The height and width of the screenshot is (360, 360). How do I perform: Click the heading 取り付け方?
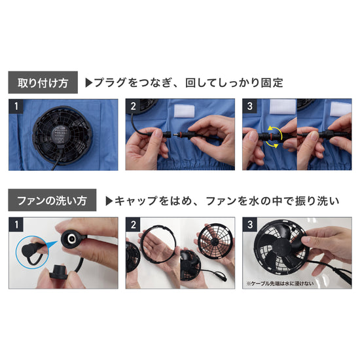coord(43,83)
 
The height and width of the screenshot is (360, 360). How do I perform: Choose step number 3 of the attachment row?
coord(248,105)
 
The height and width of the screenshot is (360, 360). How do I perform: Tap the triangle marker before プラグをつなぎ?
coord(90,83)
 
